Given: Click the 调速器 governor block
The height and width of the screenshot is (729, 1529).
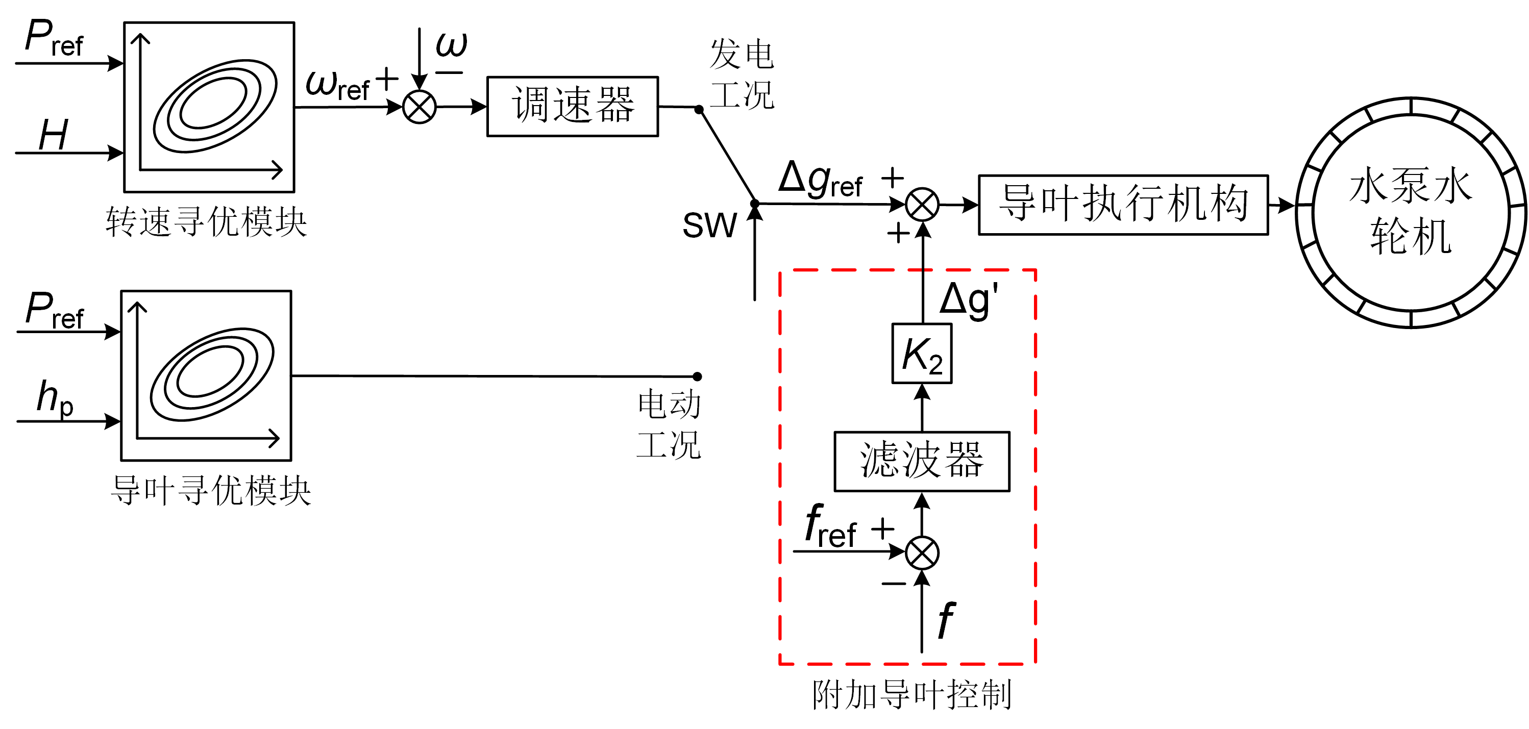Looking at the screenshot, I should [x=572, y=106].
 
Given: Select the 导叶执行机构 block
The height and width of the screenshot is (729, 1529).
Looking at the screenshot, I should [x=1122, y=205].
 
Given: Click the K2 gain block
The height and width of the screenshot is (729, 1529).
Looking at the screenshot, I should [x=921, y=354].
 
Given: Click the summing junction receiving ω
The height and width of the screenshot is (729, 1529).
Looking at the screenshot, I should [x=419, y=107].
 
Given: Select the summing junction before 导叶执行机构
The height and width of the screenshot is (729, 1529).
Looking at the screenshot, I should [x=922, y=205].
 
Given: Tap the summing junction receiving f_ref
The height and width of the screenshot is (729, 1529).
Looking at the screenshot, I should [x=922, y=553].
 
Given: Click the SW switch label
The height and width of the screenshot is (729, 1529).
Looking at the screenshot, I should [x=709, y=225].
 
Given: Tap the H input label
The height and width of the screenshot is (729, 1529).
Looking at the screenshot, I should [x=54, y=135].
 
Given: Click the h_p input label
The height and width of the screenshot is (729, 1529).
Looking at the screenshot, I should [x=55, y=398].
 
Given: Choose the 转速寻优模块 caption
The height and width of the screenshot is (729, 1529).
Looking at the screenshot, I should [x=207, y=222].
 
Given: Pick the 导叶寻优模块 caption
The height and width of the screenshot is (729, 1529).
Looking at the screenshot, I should [x=211, y=491].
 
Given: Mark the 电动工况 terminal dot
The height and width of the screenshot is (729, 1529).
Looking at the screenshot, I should [x=698, y=376].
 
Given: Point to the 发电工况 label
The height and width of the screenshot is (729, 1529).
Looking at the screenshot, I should [x=742, y=74].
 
